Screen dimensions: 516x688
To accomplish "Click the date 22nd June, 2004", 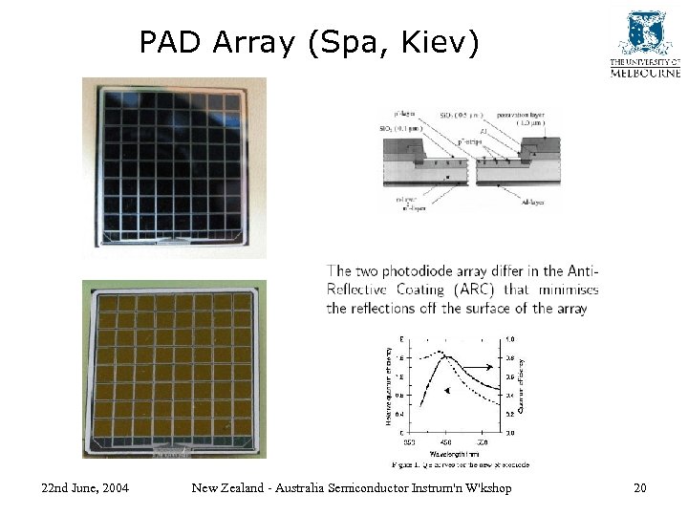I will coord(86,488).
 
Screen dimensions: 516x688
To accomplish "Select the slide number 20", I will coord(639,488).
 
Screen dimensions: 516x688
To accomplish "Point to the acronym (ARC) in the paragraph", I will coord(481,290).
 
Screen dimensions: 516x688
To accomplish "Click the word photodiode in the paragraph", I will coord(430,271).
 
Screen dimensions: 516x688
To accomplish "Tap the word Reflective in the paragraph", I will coord(358,290).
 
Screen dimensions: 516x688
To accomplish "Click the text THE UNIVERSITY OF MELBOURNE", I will coord(646,68).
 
